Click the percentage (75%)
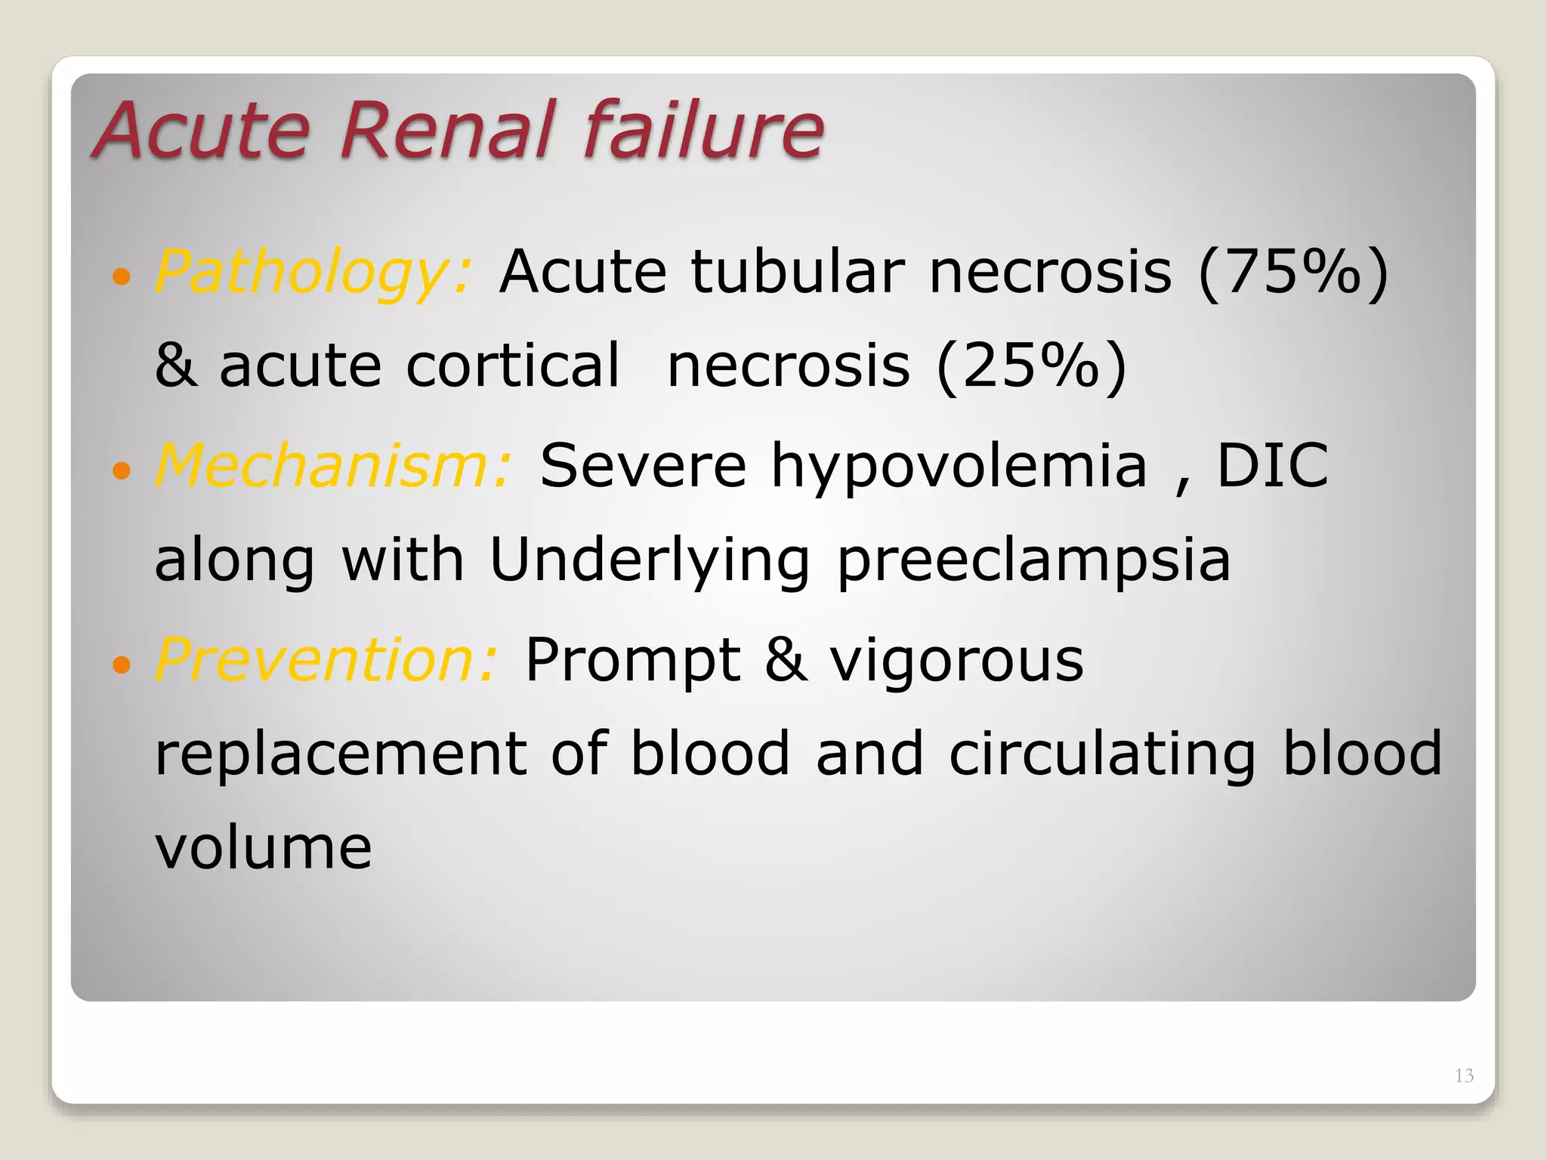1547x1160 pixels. pyautogui.click(x=1292, y=272)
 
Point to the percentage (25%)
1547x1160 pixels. pyautogui.click(x=1031, y=366)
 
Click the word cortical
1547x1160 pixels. pyautogui.click(x=512, y=366)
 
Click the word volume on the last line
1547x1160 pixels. pyautogui.click(x=264, y=847)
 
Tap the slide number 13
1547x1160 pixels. pyautogui.click(x=1463, y=1075)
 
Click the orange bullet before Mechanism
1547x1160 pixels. pyautogui.click(x=121, y=472)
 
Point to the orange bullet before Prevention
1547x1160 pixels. pyautogui.click(x=121, y=665)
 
